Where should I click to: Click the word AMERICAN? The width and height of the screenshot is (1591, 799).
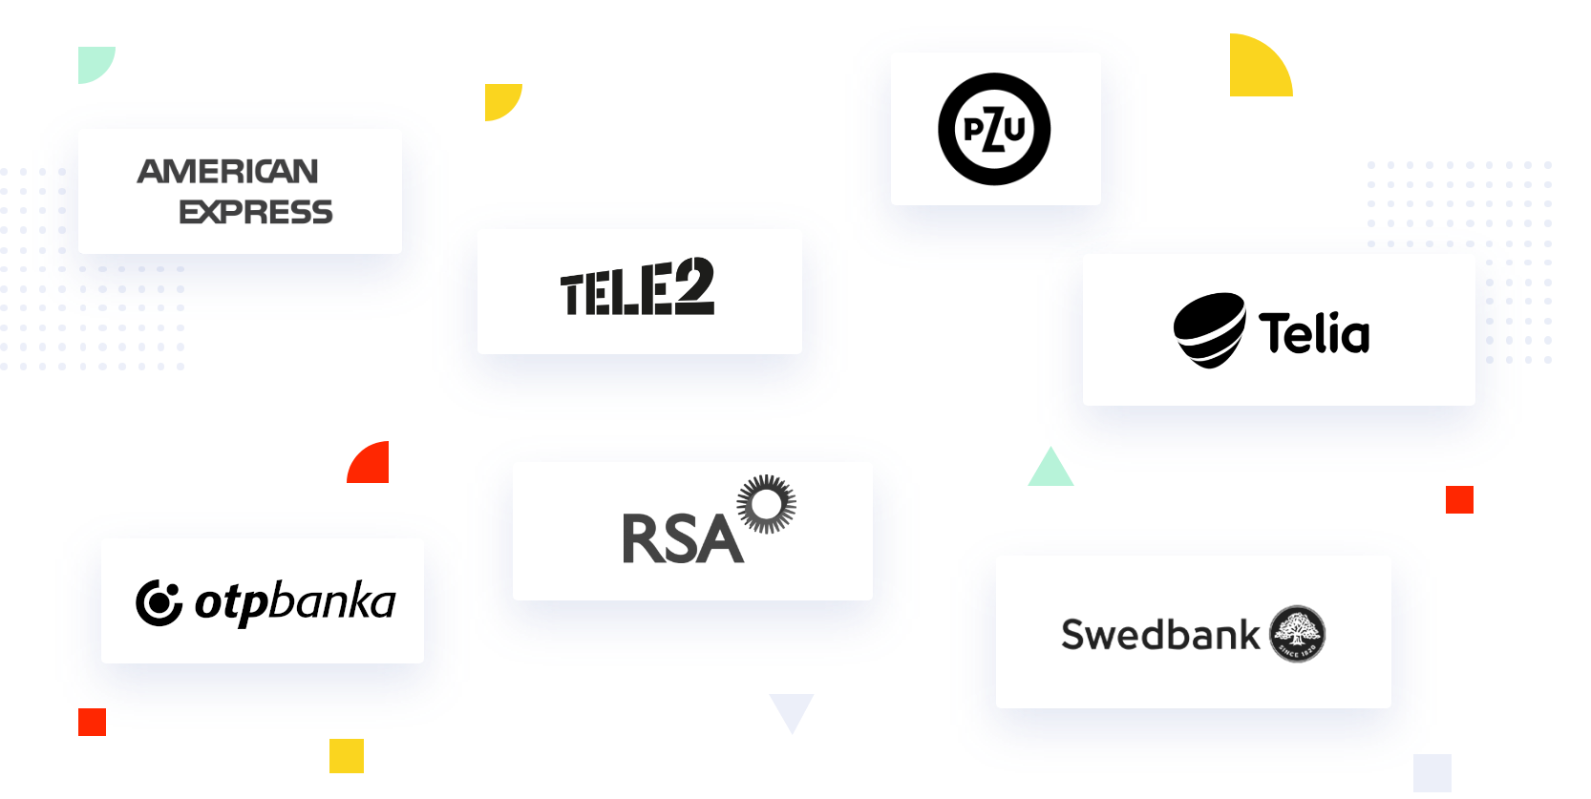(x=228, y=172)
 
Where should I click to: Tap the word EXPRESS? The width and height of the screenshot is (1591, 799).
(x=256, y=212)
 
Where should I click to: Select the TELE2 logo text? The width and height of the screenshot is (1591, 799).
(x=637, y=287)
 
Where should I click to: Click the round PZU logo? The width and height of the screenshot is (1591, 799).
(x=994, y=129)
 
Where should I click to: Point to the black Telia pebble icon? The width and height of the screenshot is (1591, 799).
(x=1209, y=329)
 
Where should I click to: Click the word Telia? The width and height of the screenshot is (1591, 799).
(x=1314, y=333)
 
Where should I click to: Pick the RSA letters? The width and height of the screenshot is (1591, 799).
(x=682, y=539)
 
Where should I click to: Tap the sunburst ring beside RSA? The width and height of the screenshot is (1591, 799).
(x=767, y=503)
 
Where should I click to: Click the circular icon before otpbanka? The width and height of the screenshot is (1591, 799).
(x=159, y=602)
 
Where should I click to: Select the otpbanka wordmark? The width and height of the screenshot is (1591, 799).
(x=295, y=601)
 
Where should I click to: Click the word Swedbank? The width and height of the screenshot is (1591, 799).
(x=1160, y=635)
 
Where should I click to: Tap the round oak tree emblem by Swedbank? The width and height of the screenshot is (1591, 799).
(x=1298, y=634)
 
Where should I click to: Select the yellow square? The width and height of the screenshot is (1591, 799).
(x=347, y=756)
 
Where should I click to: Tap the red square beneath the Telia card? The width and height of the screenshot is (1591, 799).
(x=1459, y=499)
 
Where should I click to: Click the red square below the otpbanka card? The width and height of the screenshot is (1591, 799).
(x=92, y=722)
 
